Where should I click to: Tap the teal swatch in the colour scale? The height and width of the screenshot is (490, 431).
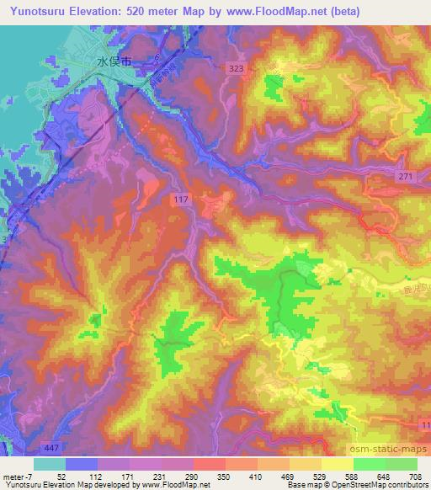coord(50,463)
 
